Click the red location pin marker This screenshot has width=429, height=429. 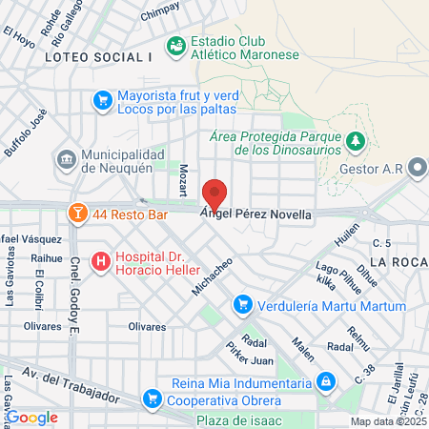point(215,194)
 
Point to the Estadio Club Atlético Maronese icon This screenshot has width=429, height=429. point(175,45)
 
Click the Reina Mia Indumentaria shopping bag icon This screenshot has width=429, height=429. point(326,381)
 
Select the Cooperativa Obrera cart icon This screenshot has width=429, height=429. point(151,398)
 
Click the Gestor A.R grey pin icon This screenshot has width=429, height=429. point(418,168)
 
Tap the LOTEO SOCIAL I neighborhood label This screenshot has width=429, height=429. point(98,57)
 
